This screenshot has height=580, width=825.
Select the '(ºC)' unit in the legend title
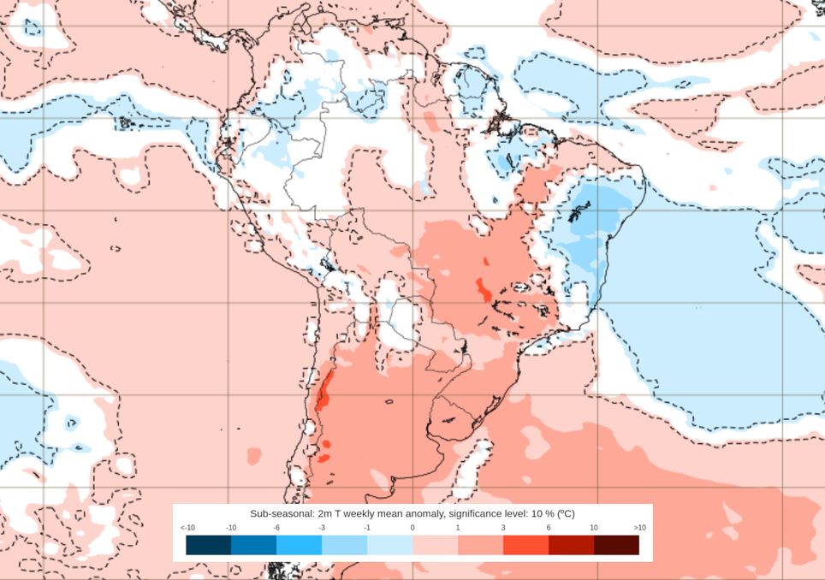(565, 513)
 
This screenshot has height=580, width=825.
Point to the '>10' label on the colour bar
(638, 528)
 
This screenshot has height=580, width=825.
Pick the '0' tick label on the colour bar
(412, 528)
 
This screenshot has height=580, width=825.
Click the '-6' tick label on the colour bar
(276, 528)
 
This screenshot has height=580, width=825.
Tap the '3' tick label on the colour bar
(503, 528)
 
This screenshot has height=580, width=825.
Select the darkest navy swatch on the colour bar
(209, 545)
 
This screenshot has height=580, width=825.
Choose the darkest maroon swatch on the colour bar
(616, 545)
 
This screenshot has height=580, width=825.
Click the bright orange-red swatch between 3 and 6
(525, 545)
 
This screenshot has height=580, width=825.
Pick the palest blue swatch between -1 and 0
(389, 545)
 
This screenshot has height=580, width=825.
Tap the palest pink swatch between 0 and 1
(435, 545)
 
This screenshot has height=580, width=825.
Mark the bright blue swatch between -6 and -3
(299, 545)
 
